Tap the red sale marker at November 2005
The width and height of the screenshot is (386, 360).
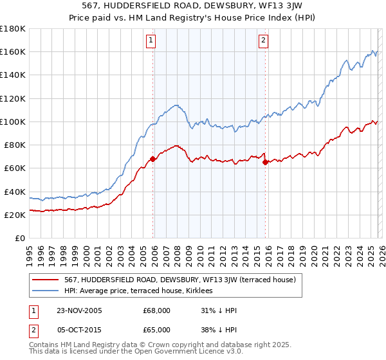pos(152,158)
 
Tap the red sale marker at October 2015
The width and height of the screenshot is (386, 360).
pos(265,162)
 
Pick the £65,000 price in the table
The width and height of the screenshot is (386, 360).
pos(156,329)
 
